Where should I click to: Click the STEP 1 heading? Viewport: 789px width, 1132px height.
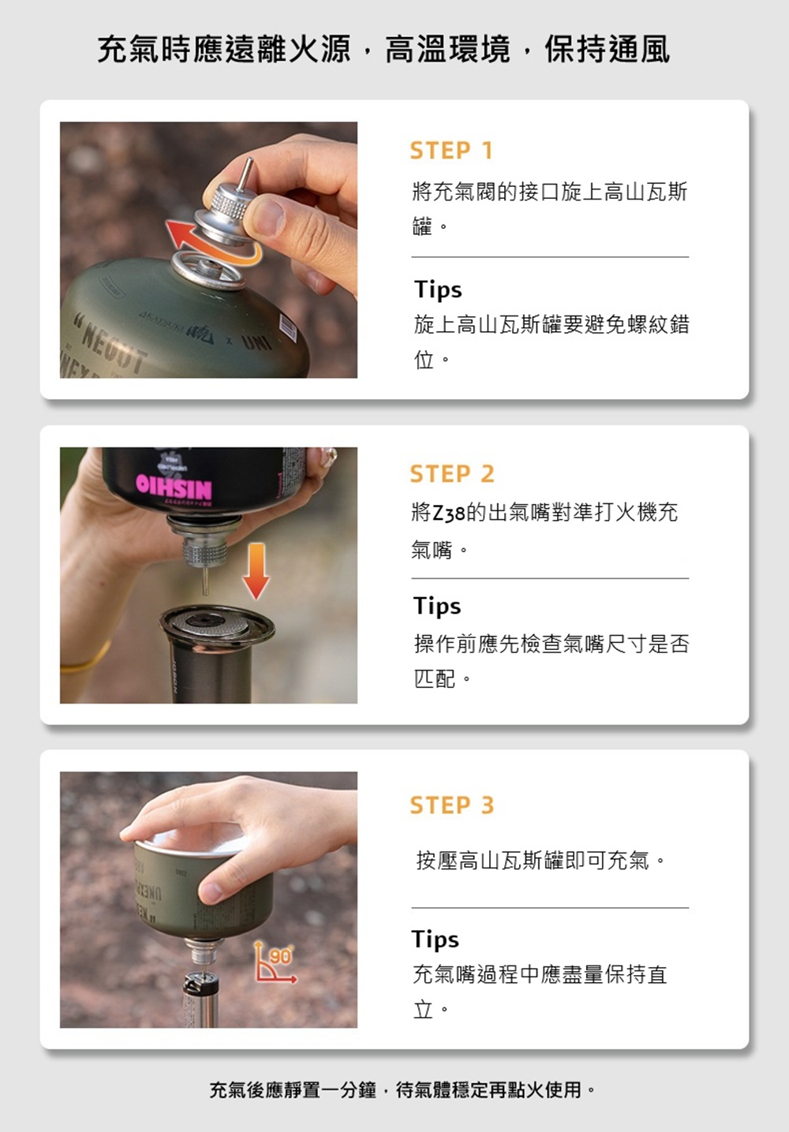coord(451,151)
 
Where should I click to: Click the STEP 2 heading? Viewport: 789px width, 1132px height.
coord(451,474)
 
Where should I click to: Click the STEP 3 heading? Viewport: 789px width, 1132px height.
coord(451,805)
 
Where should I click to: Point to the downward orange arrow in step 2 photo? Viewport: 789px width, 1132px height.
coord(256,571)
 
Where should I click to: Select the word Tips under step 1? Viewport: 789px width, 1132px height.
coord(438,290)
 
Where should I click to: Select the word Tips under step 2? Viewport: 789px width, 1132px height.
coord(437,606)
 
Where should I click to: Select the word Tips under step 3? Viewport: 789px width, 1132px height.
coord(436,940)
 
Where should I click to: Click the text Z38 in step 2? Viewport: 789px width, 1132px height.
coord(449,514)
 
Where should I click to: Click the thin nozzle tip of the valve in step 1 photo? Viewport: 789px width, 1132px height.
coord(248,160)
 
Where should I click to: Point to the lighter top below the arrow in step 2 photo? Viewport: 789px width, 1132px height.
coord(217,626)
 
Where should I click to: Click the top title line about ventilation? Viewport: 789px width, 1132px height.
coord(383,50)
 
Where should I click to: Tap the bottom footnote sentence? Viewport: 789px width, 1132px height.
coord(403,1090)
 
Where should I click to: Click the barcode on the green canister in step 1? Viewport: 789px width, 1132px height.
coord(288,327)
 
